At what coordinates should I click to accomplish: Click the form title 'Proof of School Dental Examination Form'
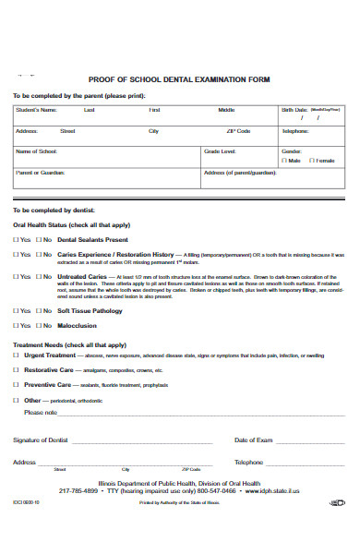pyautogui.click(x=179, y=80)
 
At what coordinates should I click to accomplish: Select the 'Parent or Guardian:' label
pyautogui.click(x=41, y=173)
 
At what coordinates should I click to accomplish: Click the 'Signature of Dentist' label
pyautogui.click(x=42, y=440)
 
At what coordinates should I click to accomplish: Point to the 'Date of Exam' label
pyautogui.click(x=253, y=440)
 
